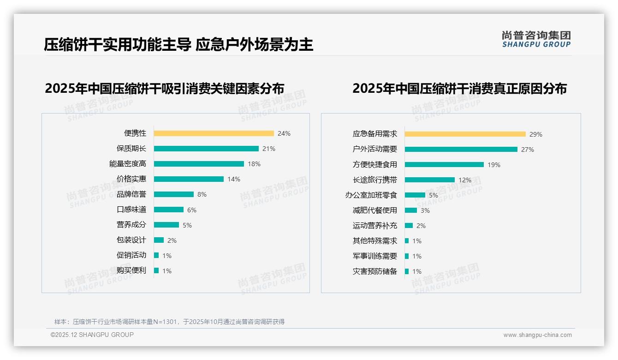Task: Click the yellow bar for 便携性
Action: click(214, 133)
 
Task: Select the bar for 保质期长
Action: click(206, 149)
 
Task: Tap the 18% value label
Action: click(254, 164)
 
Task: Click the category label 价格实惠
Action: click(131, 179)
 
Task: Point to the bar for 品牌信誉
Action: click(174, 194)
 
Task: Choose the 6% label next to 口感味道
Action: click(192, 210)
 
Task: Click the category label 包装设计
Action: click(131, 240)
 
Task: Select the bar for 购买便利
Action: click(156, 270)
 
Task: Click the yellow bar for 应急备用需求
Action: click(465, 134)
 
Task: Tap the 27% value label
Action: click(528, 150)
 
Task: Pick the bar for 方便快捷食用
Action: click(444, 165)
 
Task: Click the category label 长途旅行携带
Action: click(375, 180)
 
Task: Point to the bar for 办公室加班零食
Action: click(415, 195)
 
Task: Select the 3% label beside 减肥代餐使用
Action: click(425, 210)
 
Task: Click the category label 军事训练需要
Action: click(375, 256)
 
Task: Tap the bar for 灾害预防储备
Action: click(407, 271)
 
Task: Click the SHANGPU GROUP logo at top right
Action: click(536, 39)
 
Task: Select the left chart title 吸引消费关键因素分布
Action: click(164, 88)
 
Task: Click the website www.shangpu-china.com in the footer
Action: click(537, 335)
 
